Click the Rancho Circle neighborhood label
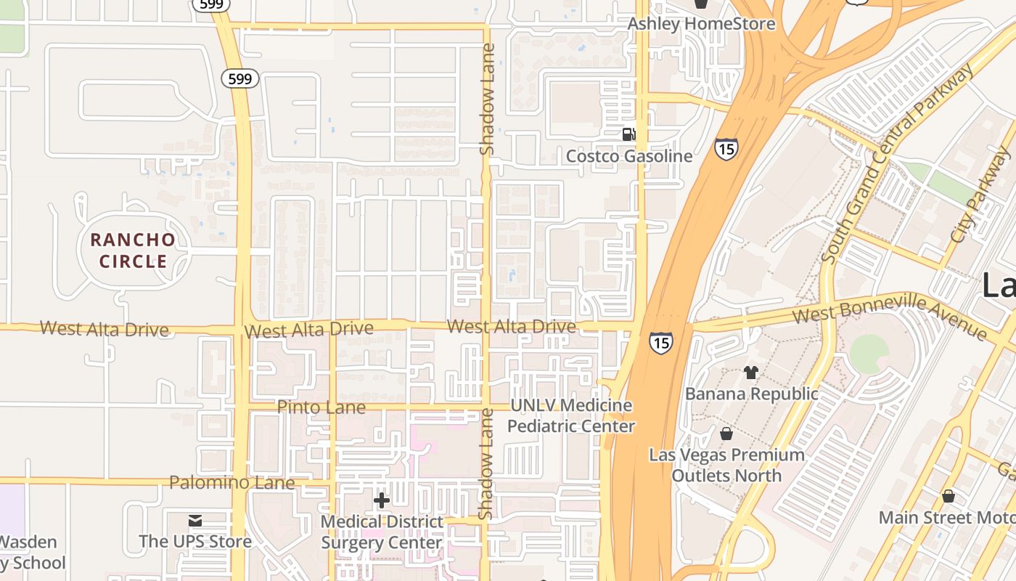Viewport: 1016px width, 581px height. coord(133,251)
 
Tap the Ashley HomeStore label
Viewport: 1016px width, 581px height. coord(701,24)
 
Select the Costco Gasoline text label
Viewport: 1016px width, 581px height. coord(629,156)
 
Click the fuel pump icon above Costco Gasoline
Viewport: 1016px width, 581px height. coord(628,134)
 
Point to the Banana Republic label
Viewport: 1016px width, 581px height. coord(752,394)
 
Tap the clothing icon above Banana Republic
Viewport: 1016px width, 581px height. coord(750,373)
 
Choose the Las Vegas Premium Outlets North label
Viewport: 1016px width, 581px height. coord(726,465)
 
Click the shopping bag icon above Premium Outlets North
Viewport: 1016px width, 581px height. coord(726,434)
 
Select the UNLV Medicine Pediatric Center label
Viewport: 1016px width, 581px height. coord(570,415)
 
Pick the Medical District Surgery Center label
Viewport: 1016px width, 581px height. coord(382,532)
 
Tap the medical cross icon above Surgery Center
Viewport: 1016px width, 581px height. coord(381,500)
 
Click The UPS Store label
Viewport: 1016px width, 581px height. coord(195,541)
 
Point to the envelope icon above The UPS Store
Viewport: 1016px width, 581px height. coord(195,521)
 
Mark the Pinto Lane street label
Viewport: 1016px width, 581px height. coord(321,407)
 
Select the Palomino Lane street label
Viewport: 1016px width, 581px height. coord(232,482)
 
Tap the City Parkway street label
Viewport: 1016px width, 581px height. coord(981,194)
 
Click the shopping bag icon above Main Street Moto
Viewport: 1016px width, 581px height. coord(948,497)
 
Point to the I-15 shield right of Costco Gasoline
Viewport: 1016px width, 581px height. coord(726,148)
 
